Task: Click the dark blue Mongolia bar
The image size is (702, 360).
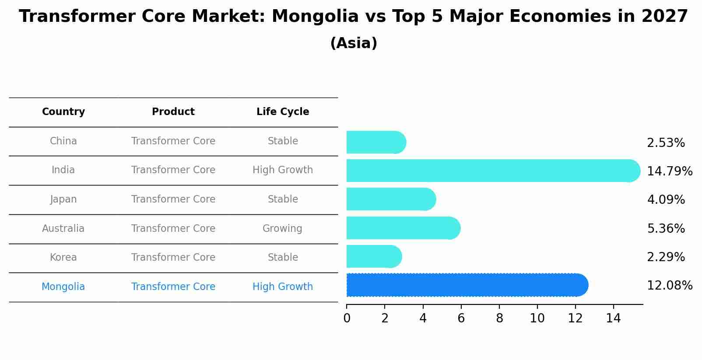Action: coord(467,285)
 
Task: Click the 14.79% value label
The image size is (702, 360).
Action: coord(669,171)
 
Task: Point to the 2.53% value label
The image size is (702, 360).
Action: coord(666,143)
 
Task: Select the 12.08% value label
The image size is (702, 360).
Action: coord(669,286)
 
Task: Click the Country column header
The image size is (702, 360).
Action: coord(63,112)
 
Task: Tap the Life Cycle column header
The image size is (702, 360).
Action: coord(283,112)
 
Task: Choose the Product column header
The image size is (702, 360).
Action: coord(173,112)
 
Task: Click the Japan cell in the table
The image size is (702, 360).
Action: coord(63,199)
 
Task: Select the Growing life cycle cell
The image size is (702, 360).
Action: coord(282,228)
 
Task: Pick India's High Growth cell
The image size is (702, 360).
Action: coord(283,170)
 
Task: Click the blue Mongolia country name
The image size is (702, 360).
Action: coord(63,287)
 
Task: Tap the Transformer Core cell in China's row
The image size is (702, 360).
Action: coord(173,141)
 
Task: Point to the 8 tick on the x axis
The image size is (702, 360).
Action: coord(499,318)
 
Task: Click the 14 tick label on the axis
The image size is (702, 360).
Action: coord(614,318)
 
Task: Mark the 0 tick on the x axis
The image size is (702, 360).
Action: coord(347,318)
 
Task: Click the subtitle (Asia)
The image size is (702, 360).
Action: coord(354,43)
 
